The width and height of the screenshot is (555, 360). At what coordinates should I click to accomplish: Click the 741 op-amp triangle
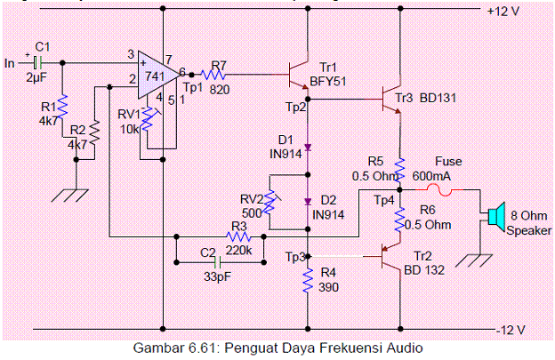[160, 76]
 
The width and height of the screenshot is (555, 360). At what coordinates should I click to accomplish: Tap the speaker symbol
[495, 216]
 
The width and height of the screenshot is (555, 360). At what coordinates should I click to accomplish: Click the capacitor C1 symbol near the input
[36, 63]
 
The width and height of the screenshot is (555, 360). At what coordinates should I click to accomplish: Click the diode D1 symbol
[309, 147]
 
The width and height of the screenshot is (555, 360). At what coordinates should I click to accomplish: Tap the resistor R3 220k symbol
[237, 238]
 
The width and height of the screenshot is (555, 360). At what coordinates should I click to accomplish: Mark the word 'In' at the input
[10, 63]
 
